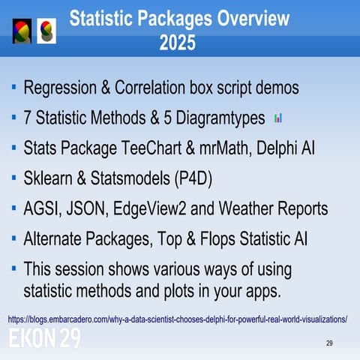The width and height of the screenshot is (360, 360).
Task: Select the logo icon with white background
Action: (46, 31)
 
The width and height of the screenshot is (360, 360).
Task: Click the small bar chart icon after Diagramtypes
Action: (278, 118)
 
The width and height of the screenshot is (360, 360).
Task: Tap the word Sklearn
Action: (49, 178)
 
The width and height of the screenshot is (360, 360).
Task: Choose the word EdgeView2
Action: (163, 208)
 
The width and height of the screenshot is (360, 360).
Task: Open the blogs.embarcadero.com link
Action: (177, 319)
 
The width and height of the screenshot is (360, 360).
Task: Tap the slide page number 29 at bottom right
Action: (329, 343)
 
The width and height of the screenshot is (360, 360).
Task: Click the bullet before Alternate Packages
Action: (14, 238)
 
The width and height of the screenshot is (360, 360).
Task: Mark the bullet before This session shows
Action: (14, 268)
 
